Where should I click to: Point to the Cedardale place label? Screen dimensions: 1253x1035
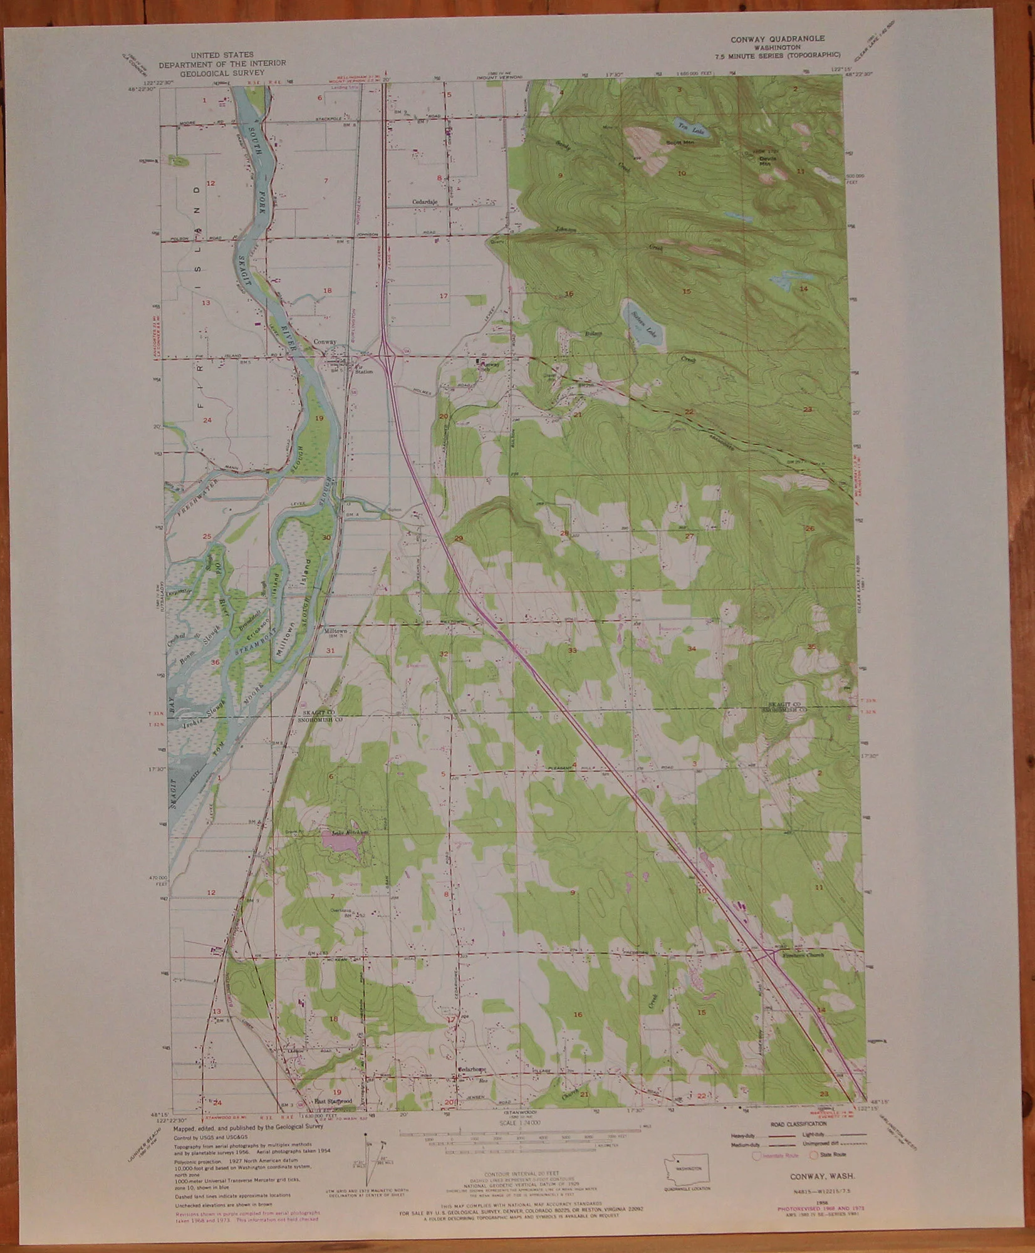(x=425, y=202)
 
